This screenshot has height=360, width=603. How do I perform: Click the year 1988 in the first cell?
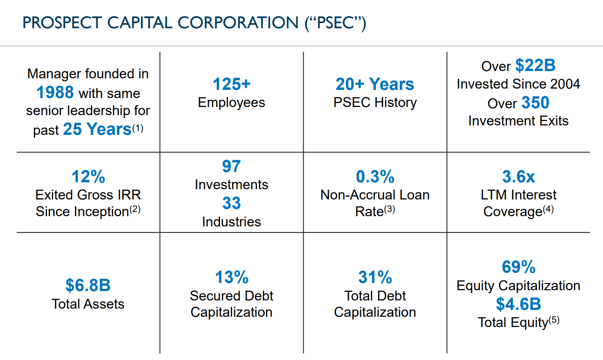[x=55, y=92]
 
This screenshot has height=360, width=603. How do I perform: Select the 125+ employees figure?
[x=232, y=84]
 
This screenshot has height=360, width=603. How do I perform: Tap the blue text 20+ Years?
[x=375, y=84]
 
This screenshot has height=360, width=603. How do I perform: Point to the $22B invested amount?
[x=535, y=65]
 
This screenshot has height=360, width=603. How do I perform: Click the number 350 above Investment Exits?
[x=535, y=103]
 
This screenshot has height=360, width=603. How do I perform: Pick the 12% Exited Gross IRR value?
[x=88, y=176]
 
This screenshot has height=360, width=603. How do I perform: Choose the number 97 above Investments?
[x=231, y=166]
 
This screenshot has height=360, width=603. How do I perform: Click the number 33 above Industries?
[x=231, y=203]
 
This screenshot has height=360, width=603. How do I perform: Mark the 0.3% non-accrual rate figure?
[x=375, y=176]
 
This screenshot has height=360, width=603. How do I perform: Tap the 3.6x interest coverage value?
[x=519, y=176]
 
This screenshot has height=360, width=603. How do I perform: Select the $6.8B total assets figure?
[x=88, y=285]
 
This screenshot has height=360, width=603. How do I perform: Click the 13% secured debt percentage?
[x=232, y=277]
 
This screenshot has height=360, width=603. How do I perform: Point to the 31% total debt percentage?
[x=375, y=277]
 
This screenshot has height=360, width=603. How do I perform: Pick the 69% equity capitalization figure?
[x=519, y=267]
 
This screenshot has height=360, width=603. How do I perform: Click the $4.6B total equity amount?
[x=519, y=304]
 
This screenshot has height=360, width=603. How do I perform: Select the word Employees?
[x=232, y=103]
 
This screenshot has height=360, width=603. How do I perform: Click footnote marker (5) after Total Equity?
[x=554, y=320]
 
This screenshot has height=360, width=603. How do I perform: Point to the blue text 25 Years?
[x=97, y=129]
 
